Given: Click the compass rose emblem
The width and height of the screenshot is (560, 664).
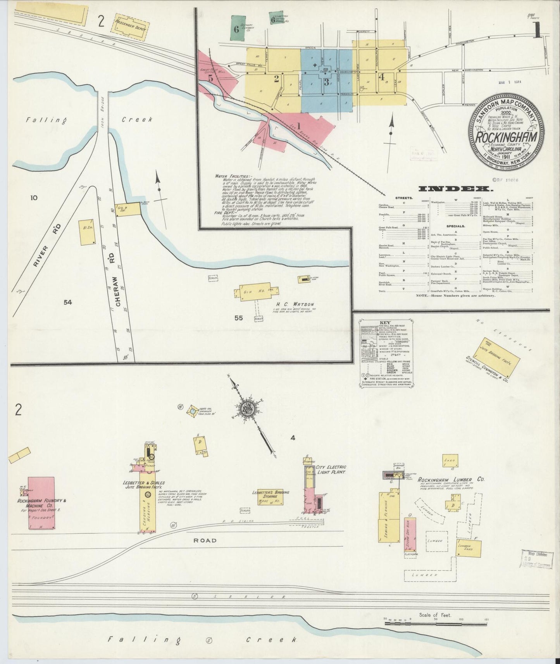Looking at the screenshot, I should pos(247,409).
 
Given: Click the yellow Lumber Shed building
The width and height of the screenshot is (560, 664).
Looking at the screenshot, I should pos(469,549).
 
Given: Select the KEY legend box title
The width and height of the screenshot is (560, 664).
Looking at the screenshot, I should pos(385,322).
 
